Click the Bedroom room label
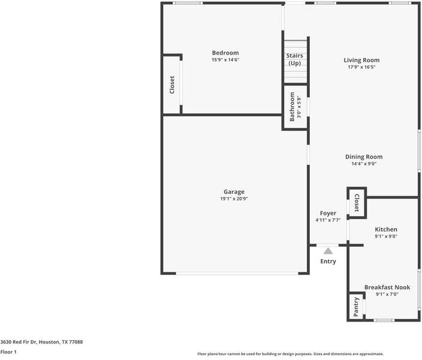click(x=225, y=53)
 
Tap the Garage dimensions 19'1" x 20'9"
click(x=234, y=199)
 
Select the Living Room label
click(x=361, y=60)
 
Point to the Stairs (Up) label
click(x=295, y=59)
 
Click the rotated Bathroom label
click(x=292, y=106)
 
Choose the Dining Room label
click(x=364, y=157)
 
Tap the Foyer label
click(x=328, y=213)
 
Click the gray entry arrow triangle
click(x=328, y=251)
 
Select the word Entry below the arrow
click(x=328, y=261)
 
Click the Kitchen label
click(x=386, y=229)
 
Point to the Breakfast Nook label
click(x=387, y=287)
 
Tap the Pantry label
click(x=356, y=306)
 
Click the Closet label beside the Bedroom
click(x=172, y=84)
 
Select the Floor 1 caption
click(x=8, y=352)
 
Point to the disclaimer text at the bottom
click(x=290, y=354)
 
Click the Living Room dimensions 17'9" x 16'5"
click(x=361, y=67)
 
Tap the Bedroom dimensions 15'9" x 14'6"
click(x=225, y=60)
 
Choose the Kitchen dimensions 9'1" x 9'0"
click(x=386, y=236)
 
